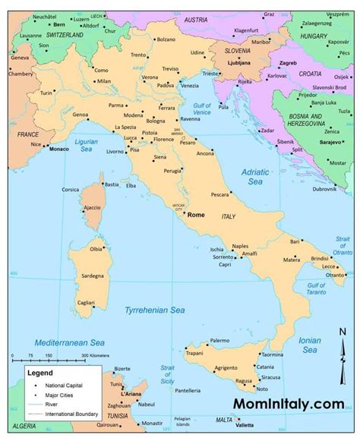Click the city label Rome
[196, 215]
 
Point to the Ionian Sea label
[309, 345]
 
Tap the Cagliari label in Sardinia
[86, 302]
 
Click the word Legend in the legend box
[40, 373]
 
